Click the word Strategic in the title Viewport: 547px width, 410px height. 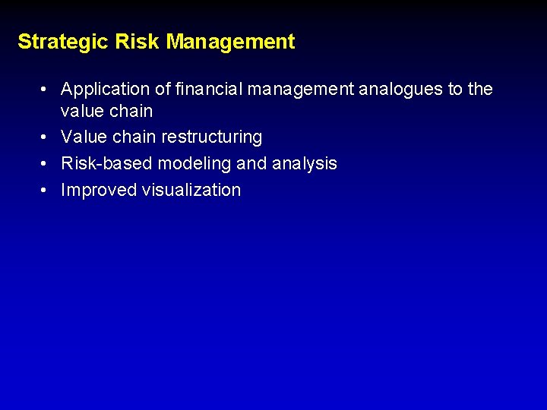(63, 42)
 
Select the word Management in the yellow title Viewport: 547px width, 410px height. (230, 42)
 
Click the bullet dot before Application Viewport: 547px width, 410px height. (46, 90)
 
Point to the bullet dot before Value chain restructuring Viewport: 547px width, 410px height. (46, 137)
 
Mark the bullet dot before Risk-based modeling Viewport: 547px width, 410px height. (46, 164)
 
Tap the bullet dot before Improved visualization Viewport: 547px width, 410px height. (46, 191)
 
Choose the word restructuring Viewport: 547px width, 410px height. (211, 137)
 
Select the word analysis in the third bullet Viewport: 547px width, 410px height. (304, 164)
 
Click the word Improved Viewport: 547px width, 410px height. (99, 191)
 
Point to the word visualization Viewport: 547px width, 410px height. (191, 191)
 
